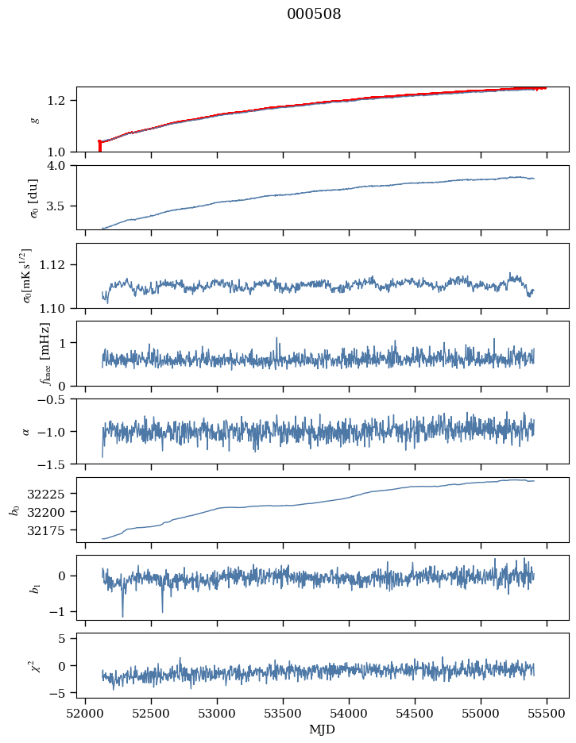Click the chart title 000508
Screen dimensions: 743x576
click(314, 14)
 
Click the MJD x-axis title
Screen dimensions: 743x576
click(323, 730)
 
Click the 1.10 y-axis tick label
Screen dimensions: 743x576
click(60, 307)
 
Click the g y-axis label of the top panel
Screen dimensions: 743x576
click(33, 120)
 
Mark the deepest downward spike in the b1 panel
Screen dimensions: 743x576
click(122, 615)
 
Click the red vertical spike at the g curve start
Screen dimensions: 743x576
click(99, 147)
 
